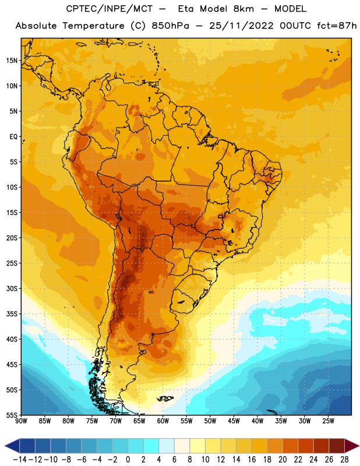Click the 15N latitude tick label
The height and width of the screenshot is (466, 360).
[x=12, y=61]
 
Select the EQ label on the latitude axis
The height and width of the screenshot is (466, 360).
[x=13, y=137]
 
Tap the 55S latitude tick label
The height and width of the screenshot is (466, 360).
[x=12, y=415]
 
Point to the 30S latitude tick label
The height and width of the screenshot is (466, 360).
[x=12, y=288]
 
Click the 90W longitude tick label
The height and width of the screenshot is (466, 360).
[x=22, y=421]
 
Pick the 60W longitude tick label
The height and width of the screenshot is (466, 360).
[x=163, y=421]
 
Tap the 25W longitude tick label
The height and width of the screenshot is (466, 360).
[x=328, y=421]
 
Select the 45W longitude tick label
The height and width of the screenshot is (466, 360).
[x=234, y=421]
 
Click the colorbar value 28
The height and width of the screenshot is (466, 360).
[x=344, y=460]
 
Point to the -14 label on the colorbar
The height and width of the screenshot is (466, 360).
[x=20, y=460]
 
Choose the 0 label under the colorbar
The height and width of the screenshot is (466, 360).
[x=128, y=460]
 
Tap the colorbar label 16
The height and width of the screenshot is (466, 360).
[x=252, y=460]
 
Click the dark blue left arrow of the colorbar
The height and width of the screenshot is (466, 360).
[x=12, y=446]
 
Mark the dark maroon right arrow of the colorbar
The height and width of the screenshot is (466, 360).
[x=352, y=446]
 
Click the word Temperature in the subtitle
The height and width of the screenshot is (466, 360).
[x=93, y=26]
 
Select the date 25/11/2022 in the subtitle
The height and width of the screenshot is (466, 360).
[x=241, y=26]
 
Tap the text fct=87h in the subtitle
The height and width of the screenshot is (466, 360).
[x=337, y=26]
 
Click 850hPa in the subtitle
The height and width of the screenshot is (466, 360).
[x=170, y=26]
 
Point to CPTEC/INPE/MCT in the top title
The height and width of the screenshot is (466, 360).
[x=109, y=9]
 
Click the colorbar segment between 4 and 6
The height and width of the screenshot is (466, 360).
[x=167, y=446]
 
